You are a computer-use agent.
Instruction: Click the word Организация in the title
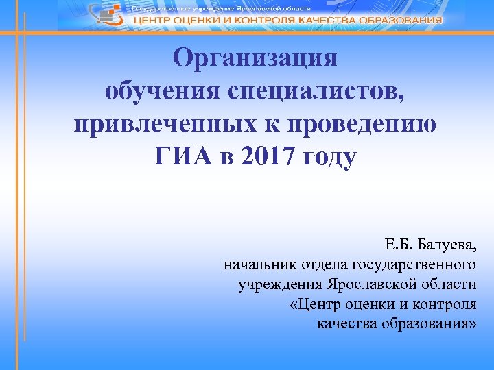pyautogui.click(x=255, y=58)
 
